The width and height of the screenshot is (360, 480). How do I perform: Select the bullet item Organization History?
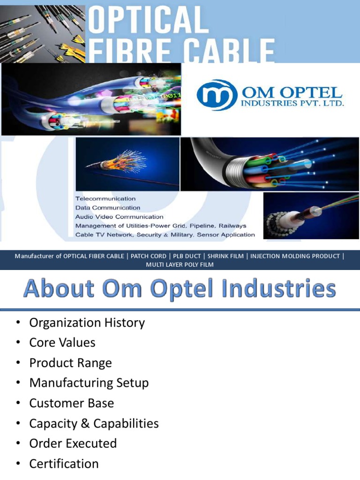pos(87,322)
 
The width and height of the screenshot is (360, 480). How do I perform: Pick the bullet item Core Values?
pos(62,343)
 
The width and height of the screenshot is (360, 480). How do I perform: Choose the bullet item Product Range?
pos(70,363)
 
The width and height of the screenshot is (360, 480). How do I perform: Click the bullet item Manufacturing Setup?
pos(89,383)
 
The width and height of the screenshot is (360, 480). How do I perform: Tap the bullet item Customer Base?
pos(71,403)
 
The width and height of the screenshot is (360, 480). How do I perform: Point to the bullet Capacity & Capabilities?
pos(94,423)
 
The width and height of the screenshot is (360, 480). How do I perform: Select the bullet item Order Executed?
pos(73,443)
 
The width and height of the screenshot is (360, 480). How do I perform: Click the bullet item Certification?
pos(64,464)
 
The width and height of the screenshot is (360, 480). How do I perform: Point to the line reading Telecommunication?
pos(105,199)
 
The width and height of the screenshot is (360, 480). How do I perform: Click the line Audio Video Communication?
pos(119,217)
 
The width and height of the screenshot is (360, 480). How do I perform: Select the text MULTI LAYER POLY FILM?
pos(180,265)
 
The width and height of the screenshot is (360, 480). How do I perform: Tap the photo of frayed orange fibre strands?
pos(127,164)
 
